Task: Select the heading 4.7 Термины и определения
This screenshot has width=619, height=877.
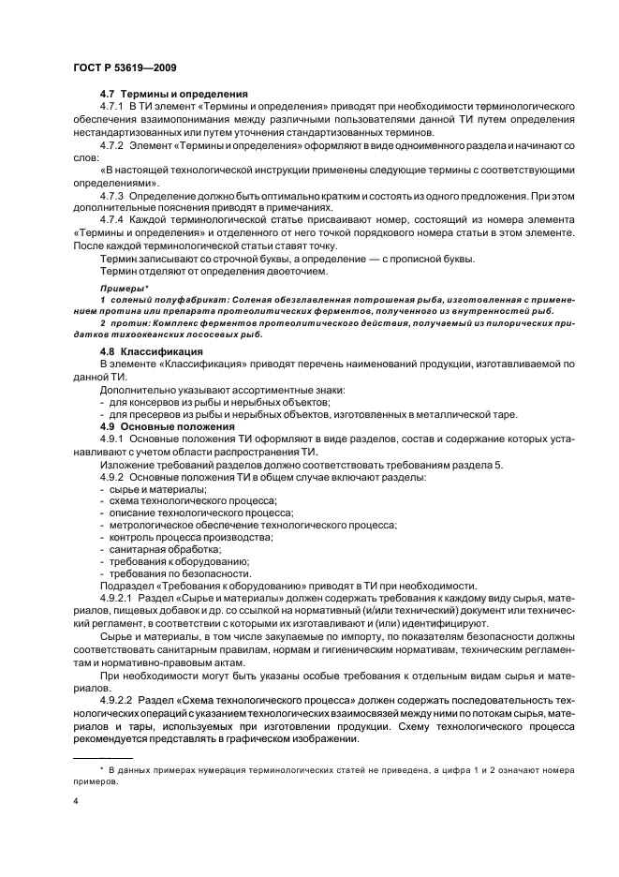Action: [173, 95]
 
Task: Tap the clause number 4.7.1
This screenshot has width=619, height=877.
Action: [113, 109]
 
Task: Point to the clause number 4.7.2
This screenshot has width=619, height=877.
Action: [113, 147]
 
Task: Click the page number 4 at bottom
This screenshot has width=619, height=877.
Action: [76, 802]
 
